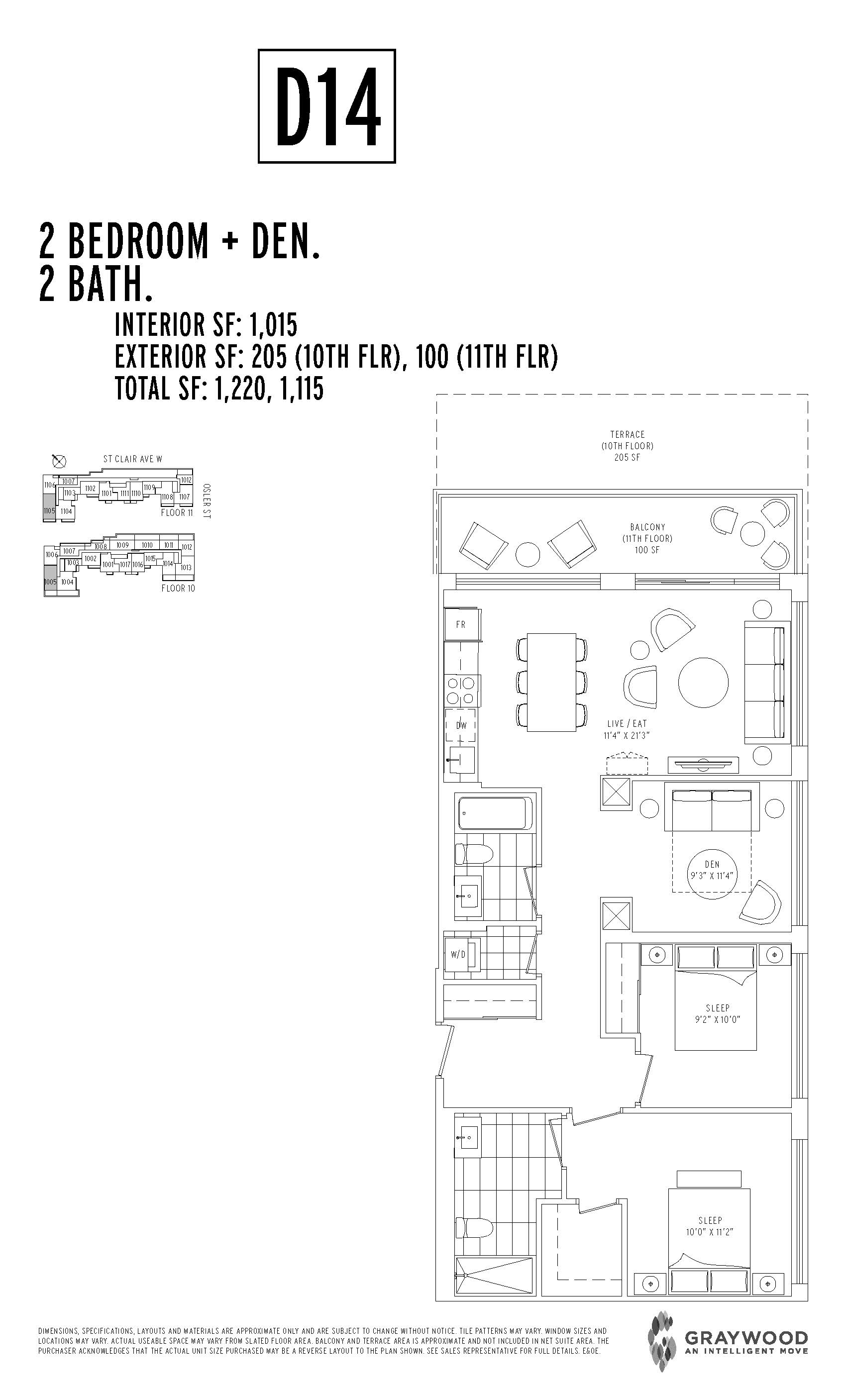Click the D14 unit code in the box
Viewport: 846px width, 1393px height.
[327, 106]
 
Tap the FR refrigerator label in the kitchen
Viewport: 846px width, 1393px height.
[461, 625]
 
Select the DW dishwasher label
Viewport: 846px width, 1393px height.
[461, 725]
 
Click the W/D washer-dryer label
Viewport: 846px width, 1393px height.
[458, 954]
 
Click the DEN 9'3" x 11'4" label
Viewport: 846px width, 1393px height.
[712, 870]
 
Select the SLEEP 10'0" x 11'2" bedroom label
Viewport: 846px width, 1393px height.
[709, 1226]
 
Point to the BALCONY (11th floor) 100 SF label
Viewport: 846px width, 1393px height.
[647, 538]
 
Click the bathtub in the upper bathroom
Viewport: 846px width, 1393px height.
[494, 813]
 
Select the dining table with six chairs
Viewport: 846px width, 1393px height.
[551, 683]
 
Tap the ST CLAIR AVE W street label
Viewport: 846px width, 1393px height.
[132, 459]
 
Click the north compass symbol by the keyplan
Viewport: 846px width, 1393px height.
[58, 461]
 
